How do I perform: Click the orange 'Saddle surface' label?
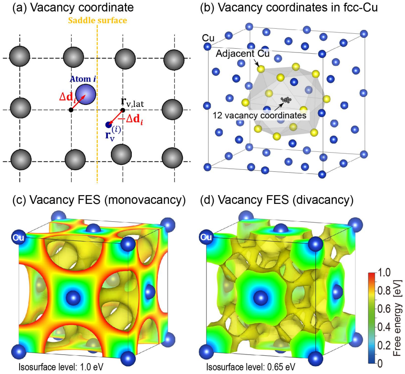pyautogui.click(x=98, y=20)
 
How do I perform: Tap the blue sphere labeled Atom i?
pyautogui.click(x=86, y=94)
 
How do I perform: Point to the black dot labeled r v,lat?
pyautogui.click(x=123, y=110)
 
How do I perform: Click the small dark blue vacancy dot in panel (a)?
pyautogui.click(x=108, y=125)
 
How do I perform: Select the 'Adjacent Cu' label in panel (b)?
pyautogui.click(x=243, y=54)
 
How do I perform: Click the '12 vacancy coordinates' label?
pyautogui.click(x=260, y=115)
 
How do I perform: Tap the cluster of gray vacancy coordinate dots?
pyautogui.click(x=286, y=99)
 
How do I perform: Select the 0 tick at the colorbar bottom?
pyautogui.click(x=380, y=364)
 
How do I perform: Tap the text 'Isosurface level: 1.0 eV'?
pyautogui.click(x=61, y=367)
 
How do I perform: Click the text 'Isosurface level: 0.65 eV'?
pyautogui.click(x=250, y=367)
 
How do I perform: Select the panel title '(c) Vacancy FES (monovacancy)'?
pyautogui.click(x=99, y=200)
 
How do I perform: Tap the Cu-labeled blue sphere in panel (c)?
pyautogui.click(x=18, y=237)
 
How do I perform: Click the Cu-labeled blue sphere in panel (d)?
pyautogui.click(x=206, y=237)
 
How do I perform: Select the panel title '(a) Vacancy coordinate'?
pyautogui.click(x=73, y=7)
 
